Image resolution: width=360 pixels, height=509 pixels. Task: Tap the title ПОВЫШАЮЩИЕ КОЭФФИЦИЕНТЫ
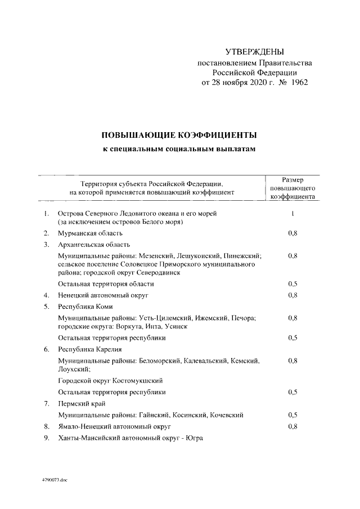(179, 136)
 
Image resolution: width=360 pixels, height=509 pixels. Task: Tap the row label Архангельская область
(94, 244)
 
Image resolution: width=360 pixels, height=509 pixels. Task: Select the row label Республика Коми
(85, 307)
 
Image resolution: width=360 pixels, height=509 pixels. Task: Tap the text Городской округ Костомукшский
(110, 380)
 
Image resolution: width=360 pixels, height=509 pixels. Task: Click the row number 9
(47, 438)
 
